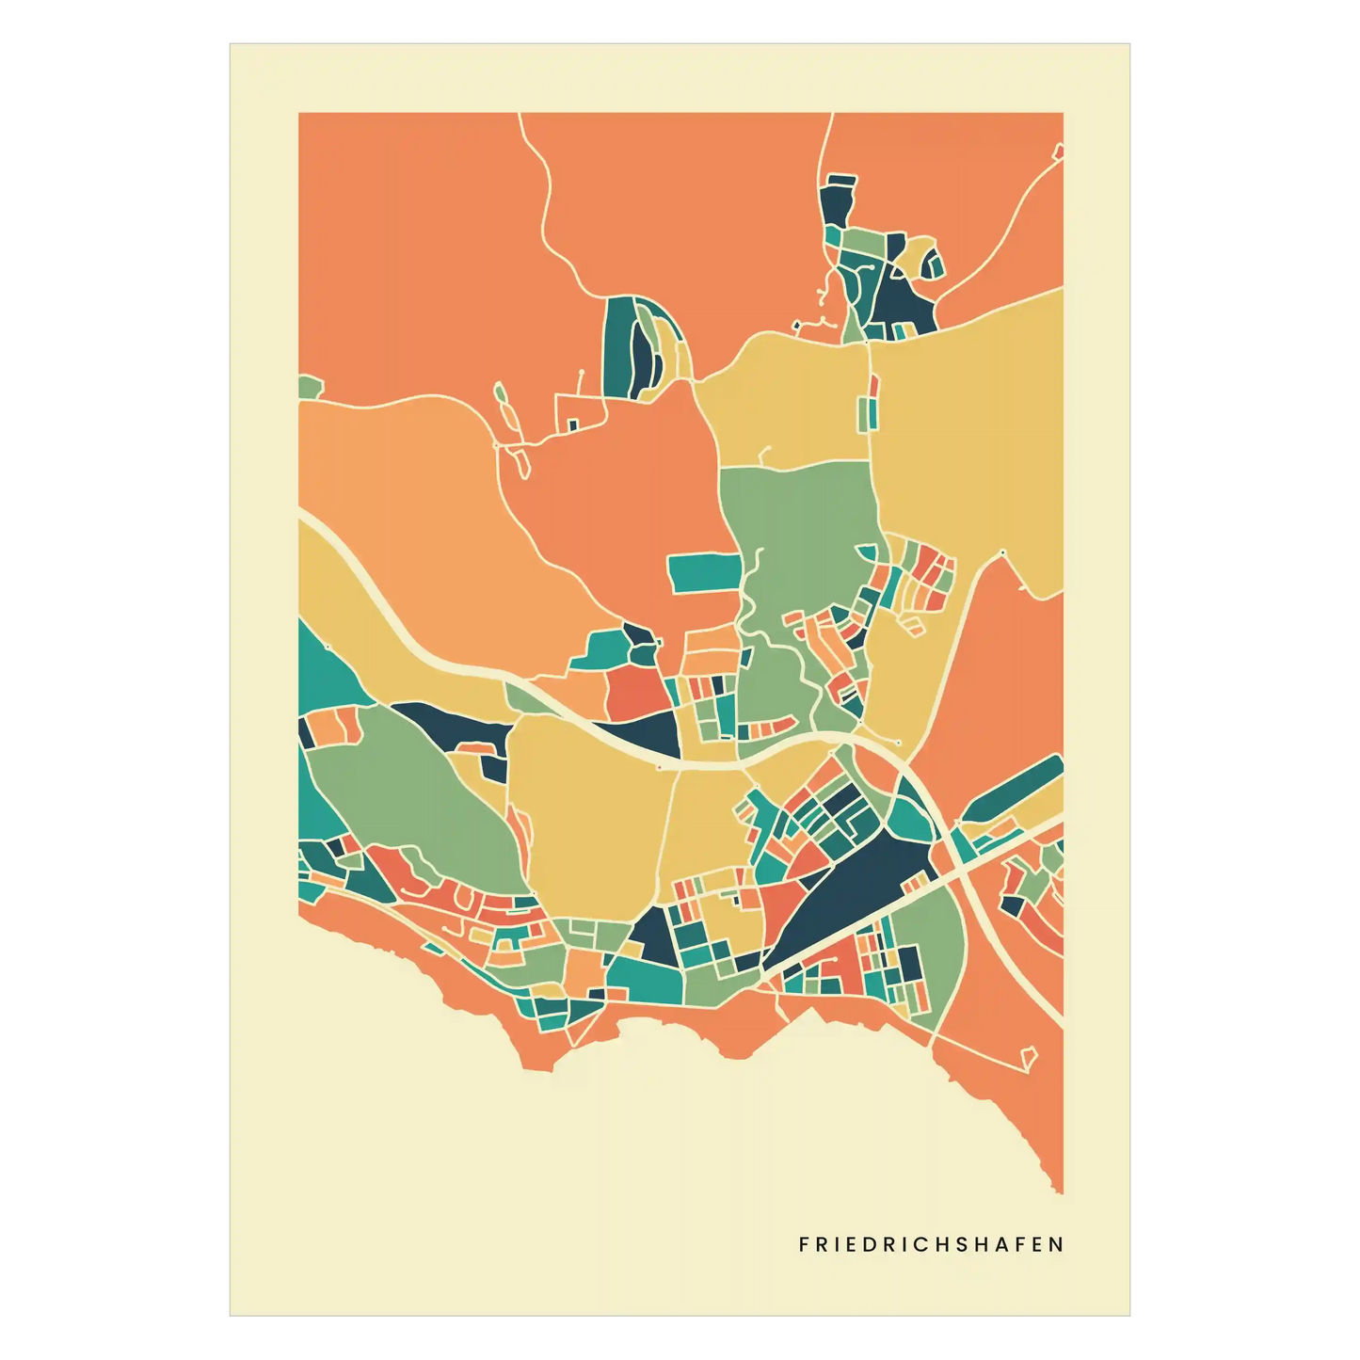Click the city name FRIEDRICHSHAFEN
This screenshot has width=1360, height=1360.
931,1244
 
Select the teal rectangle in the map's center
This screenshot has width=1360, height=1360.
703,573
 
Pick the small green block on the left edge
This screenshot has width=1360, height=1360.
310,386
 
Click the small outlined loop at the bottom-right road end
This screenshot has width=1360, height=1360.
1029,1057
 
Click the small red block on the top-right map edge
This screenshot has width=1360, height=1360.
1058,151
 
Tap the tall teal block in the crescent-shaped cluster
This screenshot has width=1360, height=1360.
617,346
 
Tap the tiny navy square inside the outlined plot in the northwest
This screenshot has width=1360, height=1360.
571,424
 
